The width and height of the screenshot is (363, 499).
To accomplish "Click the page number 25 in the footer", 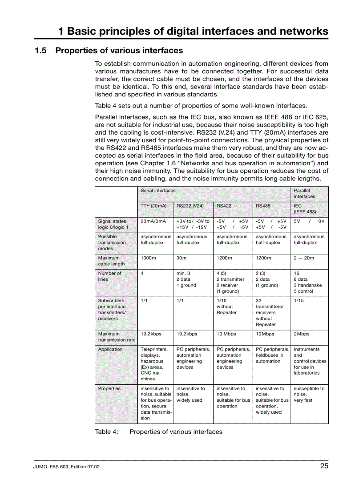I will (x=324, y=466).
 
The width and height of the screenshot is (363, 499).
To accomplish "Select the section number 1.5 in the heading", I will (x=40, y=50).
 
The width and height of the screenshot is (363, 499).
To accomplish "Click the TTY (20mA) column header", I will (x=153, y=206).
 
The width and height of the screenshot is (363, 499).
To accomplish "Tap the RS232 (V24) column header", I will (x=190, y=206).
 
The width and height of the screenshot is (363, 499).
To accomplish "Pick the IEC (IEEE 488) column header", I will (x=305, y=209).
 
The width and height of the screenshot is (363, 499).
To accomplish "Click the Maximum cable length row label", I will (x=111, y=261).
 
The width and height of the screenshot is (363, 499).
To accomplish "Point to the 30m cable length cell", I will (x=181, y=258).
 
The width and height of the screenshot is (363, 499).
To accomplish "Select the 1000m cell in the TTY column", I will (x=148, y=258).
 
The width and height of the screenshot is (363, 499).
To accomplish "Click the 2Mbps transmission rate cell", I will (x=301, y=334).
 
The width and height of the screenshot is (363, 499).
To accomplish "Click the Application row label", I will (x=110, y=349).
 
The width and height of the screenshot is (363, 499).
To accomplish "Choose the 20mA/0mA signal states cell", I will (x=153, y=221).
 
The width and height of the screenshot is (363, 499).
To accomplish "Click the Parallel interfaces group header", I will (x=304, y=193).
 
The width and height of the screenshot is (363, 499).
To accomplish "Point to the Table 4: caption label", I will (x=106, y=431).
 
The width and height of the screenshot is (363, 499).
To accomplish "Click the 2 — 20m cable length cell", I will (x=303, y=258).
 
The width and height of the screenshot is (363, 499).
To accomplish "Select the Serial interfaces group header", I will (x=158, y=190).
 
